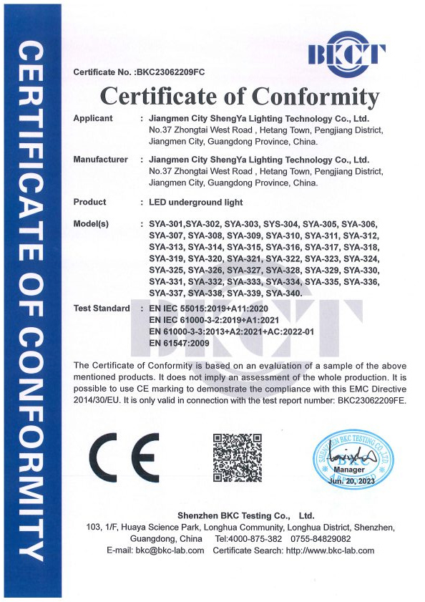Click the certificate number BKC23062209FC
click(x=170, y=72)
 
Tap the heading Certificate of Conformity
click(x=239, y=97)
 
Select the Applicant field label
click(x=94, y=118)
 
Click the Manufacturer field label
click(x=101, y=160)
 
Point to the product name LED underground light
click(x=195, y=202)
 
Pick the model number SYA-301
click(x=166, y=225)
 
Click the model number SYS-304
click(x=282, y=225)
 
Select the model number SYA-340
click(x=283, y=293)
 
